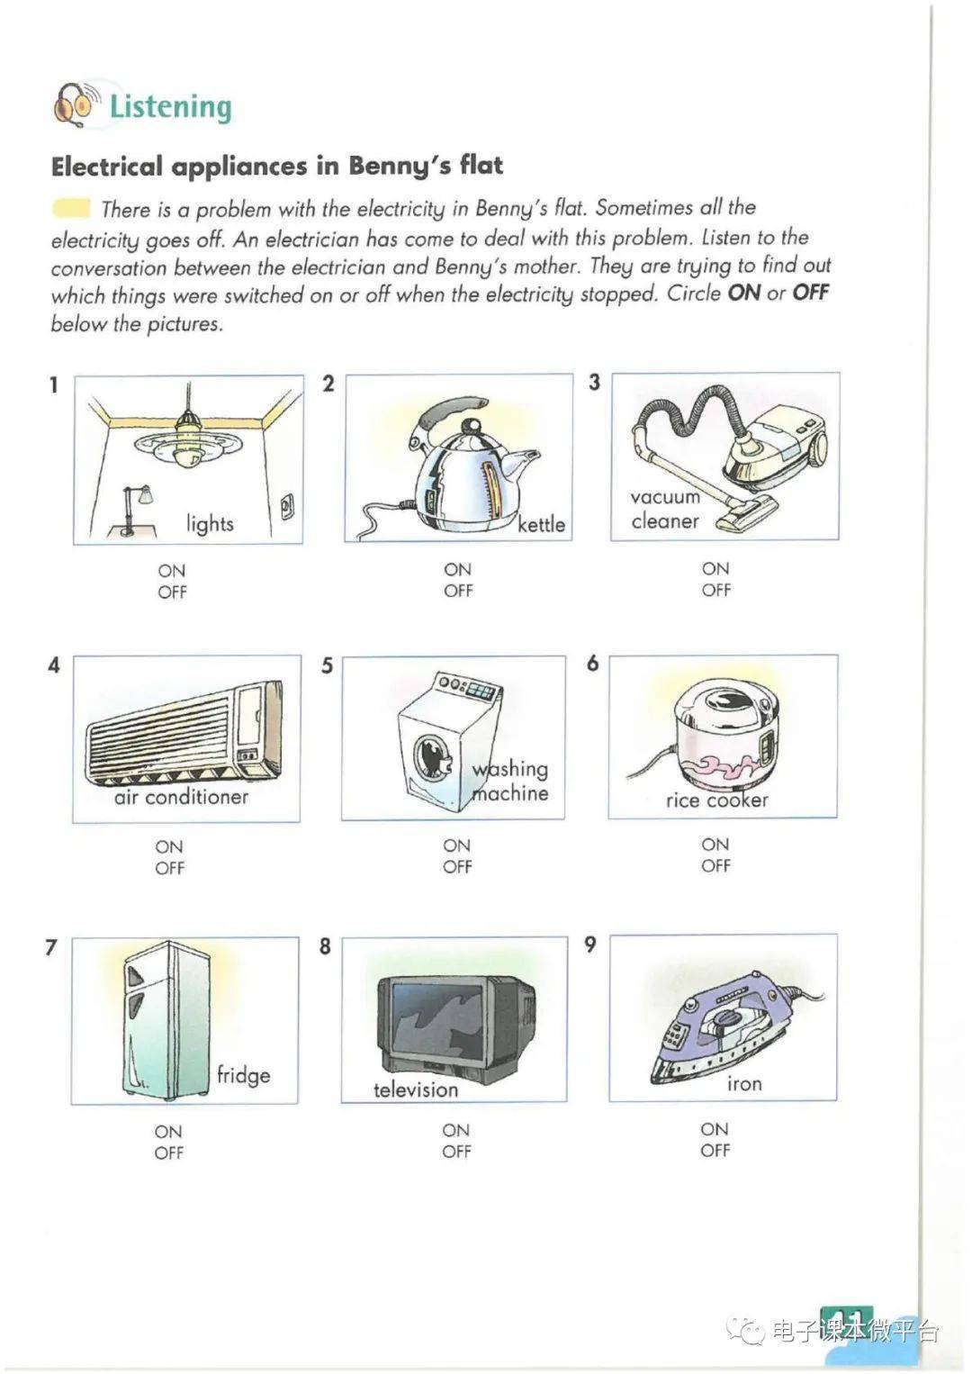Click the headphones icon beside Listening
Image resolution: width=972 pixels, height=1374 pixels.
click(x=74, y=104)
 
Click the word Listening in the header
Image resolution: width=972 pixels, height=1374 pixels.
click(x=170, y=106)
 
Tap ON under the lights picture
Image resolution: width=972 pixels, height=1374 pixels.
click(x=171, y=571)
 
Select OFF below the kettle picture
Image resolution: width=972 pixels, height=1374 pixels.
click(x=457, y=591)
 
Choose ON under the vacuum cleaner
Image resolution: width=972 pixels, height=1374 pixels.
click(x=715, y=568)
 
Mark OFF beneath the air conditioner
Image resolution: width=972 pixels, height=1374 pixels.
click(x=169, y=868)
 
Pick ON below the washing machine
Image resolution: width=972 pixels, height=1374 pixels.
click(x=456, y=845)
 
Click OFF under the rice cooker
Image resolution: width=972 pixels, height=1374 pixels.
click(x=715, y=865)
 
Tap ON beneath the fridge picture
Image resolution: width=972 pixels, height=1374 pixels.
click(x=168, y=1131)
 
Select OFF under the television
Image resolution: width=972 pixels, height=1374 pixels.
click(x=456, y=1151)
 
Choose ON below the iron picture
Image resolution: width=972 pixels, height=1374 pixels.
click(x=715, y=1128)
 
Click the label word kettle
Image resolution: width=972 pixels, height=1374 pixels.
click(x=541, y=524)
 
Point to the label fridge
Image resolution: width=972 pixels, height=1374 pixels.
click(x=243, y=1075)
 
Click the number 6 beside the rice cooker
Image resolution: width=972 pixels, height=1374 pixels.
click(x=592, y=664)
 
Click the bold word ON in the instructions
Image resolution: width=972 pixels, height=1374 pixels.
click(x=743, y=294)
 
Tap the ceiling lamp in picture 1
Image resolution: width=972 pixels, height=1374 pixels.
click(x=187, y=441)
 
